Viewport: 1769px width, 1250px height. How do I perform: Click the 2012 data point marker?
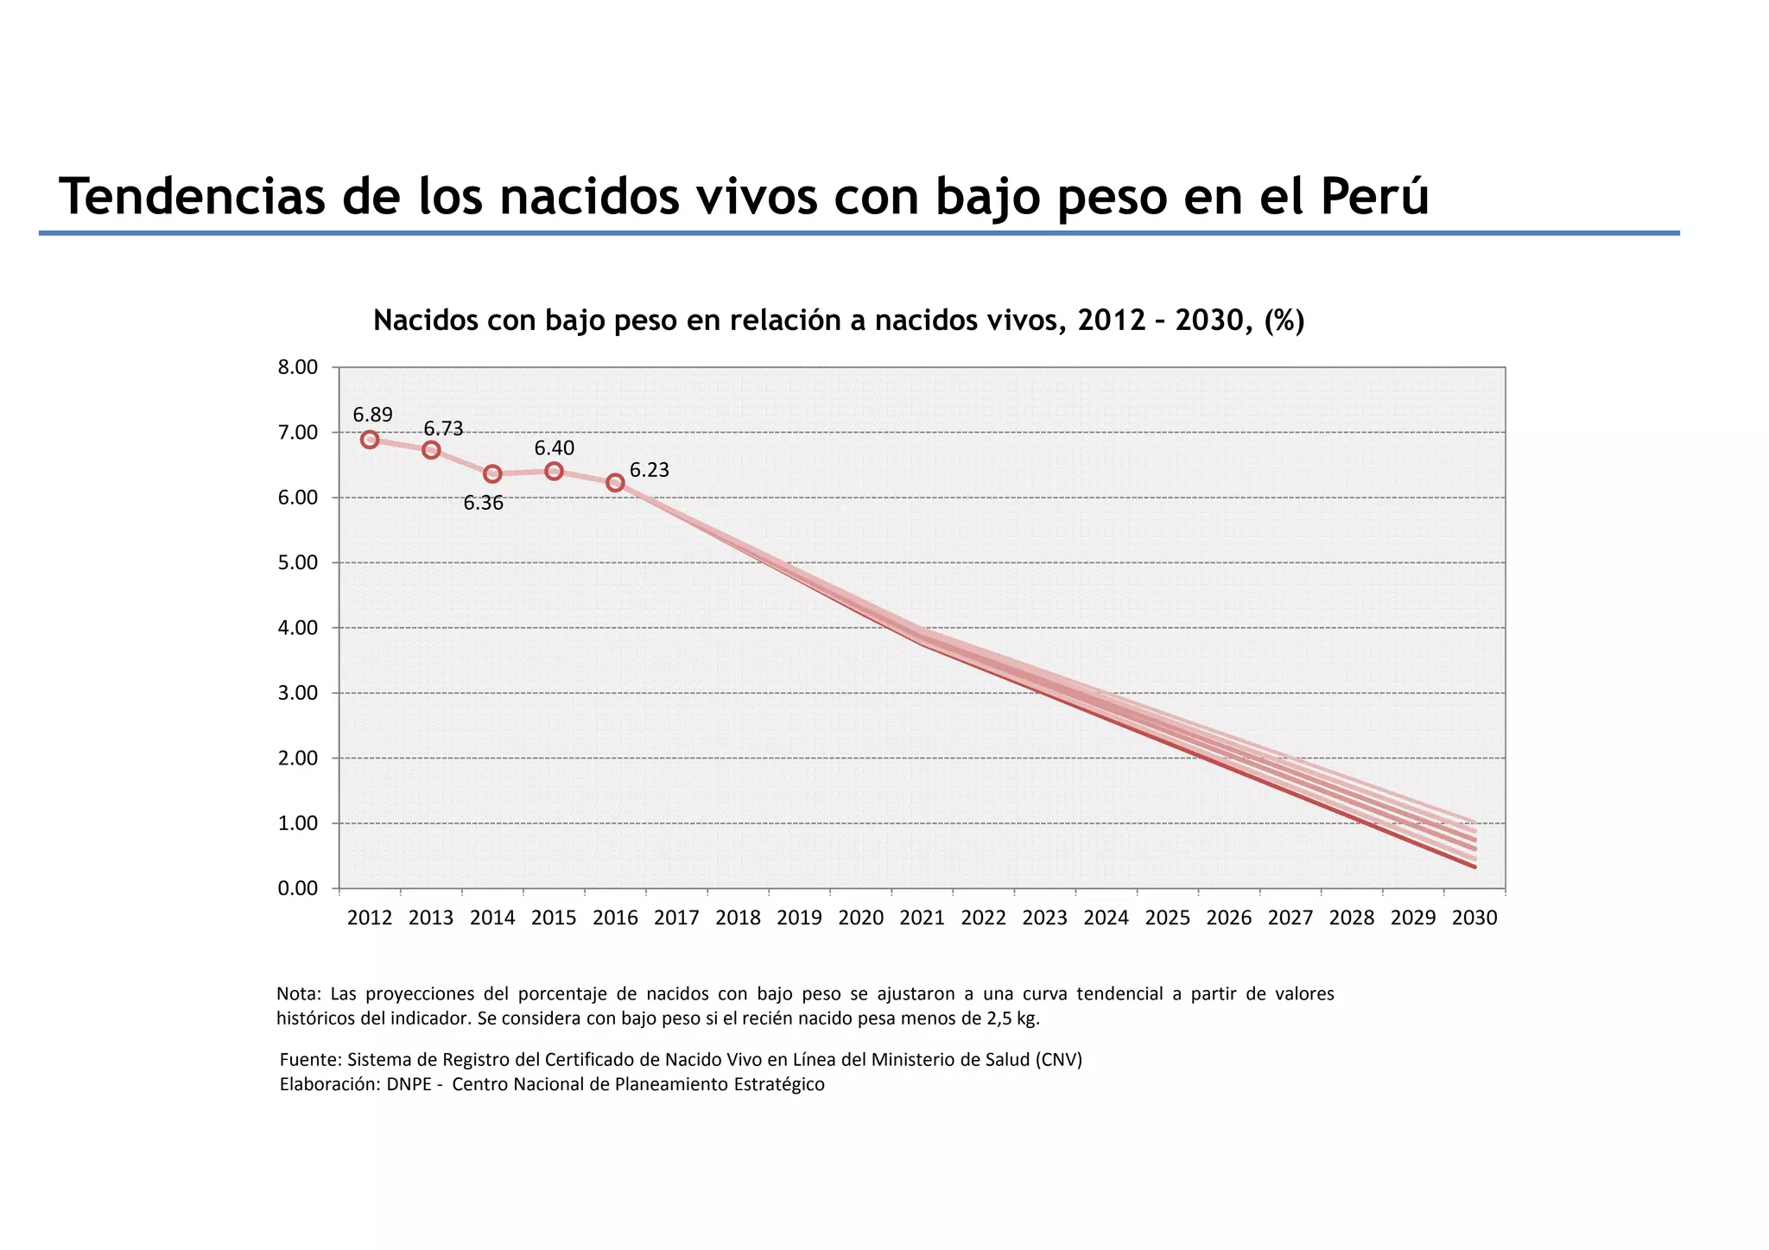coord(370,440)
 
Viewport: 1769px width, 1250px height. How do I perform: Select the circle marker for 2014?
coord(492,473)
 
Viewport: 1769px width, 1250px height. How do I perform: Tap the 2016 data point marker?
coord(615,482)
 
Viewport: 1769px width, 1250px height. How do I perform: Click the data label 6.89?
coord(372,415)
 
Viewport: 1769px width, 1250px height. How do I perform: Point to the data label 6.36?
coord(483,503)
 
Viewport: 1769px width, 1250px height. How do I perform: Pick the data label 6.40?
coord(554,447)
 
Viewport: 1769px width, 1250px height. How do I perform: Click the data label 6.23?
coord(649,470)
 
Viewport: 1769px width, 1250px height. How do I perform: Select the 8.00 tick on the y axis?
coord(297,367)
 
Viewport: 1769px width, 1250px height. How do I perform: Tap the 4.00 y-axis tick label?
coord(297,628)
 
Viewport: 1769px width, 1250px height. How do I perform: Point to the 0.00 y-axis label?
coord(297,888)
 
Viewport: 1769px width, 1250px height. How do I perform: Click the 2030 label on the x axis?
coord(1474,917)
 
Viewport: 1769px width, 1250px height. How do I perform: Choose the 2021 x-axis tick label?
coord(922,917)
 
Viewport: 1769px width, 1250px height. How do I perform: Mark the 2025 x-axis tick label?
coord(1167,917)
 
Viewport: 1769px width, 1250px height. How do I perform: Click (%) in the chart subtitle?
coord(1284,320)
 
